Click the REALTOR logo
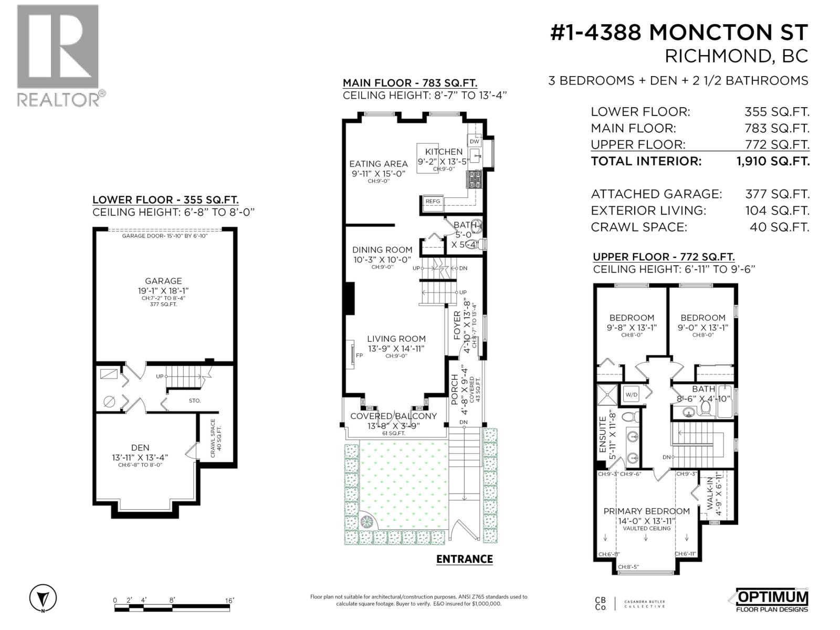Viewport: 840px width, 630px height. (x=58, y=55)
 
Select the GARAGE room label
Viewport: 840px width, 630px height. (x=163, y=281)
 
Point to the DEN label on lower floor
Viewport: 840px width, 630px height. (x=140, y=447)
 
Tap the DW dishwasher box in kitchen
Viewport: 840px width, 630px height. (x=475, y=141)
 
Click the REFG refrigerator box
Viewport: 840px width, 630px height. (x=433, y=201)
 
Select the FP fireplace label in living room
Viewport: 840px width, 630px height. (x=360, y=355)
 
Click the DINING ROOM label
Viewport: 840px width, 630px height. (x=382, y=250)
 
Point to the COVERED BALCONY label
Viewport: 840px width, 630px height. (x=393, y=416)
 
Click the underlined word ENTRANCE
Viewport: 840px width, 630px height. (x=465, y=559)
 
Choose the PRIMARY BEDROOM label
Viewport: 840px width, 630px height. (x=646, y=511)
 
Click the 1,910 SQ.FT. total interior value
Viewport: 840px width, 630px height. (x=773, y=161)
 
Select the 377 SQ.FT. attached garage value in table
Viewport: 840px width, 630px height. (x=777, y=194)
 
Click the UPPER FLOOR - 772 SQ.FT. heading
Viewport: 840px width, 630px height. (x=664, y=257)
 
